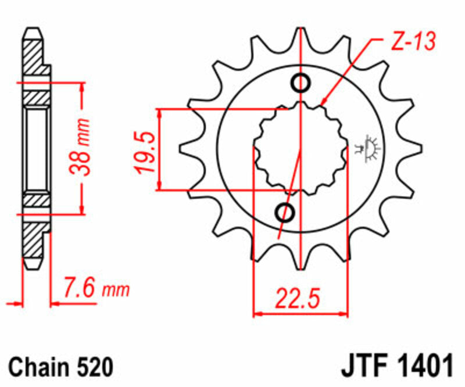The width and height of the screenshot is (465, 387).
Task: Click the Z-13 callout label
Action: tap(409, 43)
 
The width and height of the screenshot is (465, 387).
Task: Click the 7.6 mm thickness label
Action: tap(96, 289)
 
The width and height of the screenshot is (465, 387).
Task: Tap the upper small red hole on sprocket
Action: tap(301, 84)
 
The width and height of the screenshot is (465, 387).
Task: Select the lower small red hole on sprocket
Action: tap(285, 213)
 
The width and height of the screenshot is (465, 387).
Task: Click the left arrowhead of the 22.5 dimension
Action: tap(257, 314)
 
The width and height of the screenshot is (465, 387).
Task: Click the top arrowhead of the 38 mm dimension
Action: tap(81, 87)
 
